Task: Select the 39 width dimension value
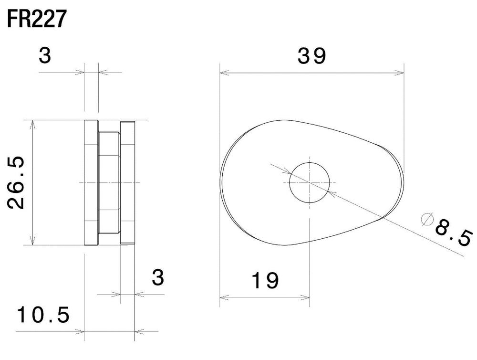tap(312, 56)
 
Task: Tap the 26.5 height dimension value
tap(16, 182)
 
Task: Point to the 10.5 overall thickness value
tap(43, 315)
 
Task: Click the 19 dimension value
tap(265, 281)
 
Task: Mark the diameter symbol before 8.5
tap(427, 219)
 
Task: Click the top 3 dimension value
tap(45, 56)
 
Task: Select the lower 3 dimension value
tap(158, 277)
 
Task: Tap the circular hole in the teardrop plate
tap(310, 183)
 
